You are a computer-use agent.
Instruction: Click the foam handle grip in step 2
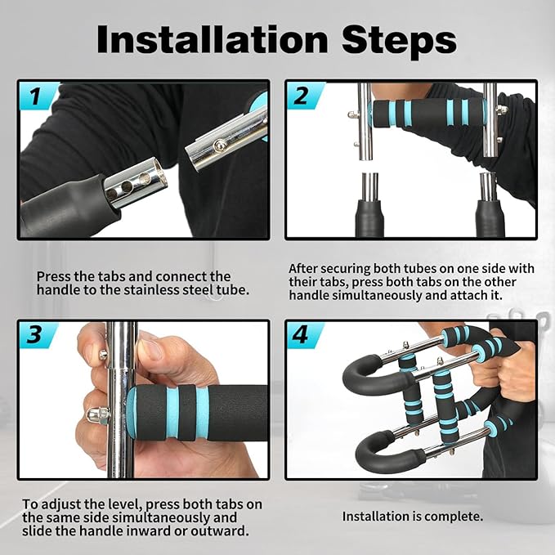pos(427,113)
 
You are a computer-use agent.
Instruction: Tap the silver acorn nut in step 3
pos(93,416)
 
